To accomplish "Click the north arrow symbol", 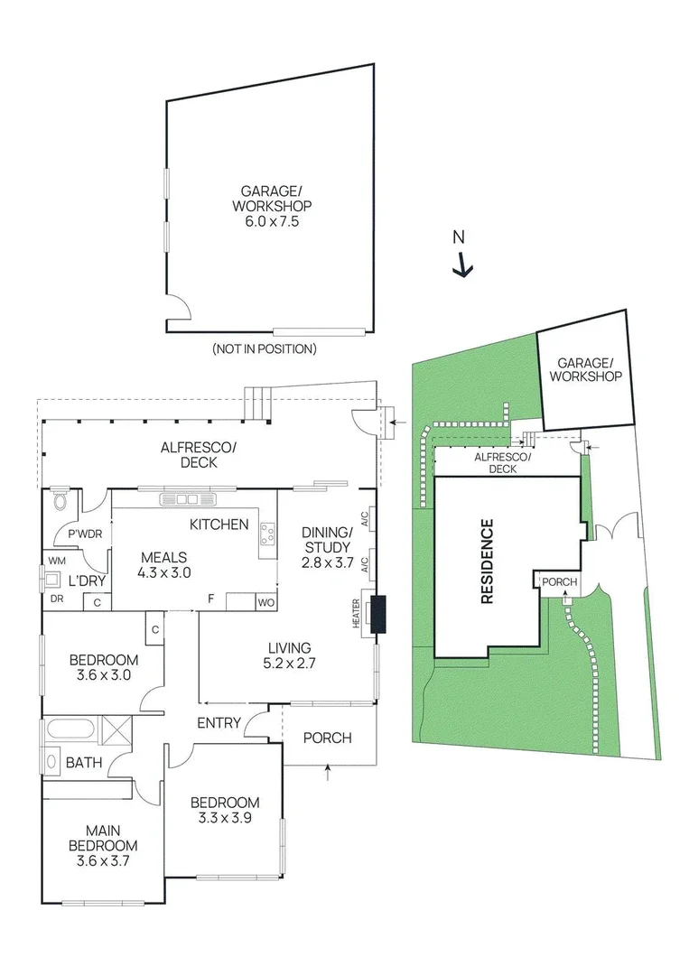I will [x=462, y=264].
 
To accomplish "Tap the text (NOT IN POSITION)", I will [x=264, y=348].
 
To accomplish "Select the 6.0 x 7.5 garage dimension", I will [x=269, y=219].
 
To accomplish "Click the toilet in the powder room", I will [x=61, y=500].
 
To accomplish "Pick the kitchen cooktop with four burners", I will [x=267, y=535].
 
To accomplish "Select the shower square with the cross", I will [x=116, y=729].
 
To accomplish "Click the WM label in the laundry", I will [x=56, y=560].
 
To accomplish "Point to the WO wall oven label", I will [x=267, y=601].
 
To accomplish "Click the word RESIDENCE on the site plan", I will [x=487, y=562].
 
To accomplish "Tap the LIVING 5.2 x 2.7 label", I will [x=288, y=655].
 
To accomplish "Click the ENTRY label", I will [x=219, y=723].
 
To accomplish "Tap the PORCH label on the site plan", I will [x=559, y=582].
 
